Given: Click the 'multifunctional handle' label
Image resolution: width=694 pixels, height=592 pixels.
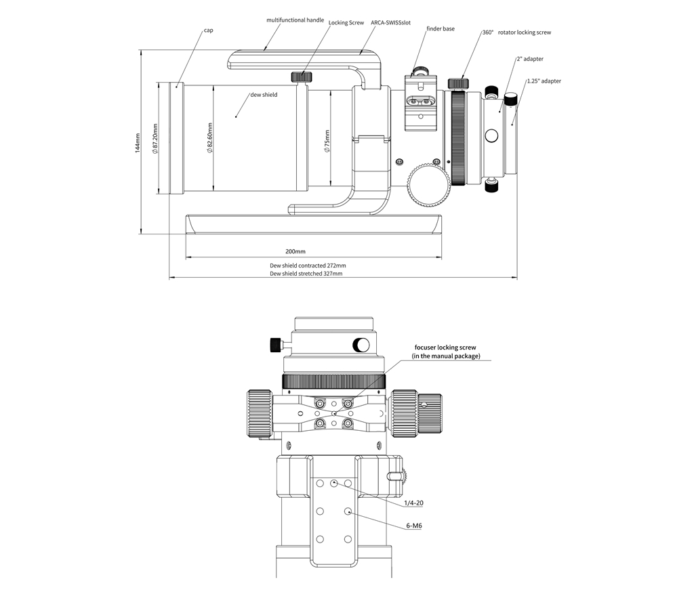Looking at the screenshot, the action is pos(295,20).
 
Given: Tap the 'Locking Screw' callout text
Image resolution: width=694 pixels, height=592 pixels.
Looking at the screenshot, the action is pos(346,22).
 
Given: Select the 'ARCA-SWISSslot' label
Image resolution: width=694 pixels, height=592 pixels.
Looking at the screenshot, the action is pos(390,22).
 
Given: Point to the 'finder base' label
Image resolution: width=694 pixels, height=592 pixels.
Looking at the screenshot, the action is pos(441,28).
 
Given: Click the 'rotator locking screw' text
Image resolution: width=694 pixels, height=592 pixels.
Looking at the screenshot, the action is pos(525,33).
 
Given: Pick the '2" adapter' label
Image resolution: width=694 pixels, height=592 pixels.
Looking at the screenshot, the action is pos(530,59).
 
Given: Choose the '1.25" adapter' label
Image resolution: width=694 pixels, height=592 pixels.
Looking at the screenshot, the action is pos(544,81).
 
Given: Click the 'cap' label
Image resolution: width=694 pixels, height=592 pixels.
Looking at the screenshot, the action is pos(209,30).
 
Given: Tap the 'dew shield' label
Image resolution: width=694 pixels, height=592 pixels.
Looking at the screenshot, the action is pos(264,95).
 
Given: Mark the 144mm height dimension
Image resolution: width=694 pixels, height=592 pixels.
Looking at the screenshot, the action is pos(138,143).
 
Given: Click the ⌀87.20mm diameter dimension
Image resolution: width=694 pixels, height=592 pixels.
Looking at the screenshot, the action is pos(155,138).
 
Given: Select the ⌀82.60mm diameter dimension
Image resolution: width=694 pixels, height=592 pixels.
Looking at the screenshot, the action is pos(210,138).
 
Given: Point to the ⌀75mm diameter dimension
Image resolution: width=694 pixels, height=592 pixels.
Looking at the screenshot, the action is pos(327,141).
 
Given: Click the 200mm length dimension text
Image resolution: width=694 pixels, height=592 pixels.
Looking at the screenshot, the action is pos(295,251).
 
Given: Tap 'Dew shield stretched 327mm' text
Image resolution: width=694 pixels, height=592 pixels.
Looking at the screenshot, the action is pos(306,274).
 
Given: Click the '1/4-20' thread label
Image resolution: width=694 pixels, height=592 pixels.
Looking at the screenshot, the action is pos(414,503).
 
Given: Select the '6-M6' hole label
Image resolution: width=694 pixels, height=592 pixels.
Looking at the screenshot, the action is pos(414,526).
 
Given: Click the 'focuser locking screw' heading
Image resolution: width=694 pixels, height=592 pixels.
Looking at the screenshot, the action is pos(445,347).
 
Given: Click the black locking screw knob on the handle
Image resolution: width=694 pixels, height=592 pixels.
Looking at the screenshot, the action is pos(302,77).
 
